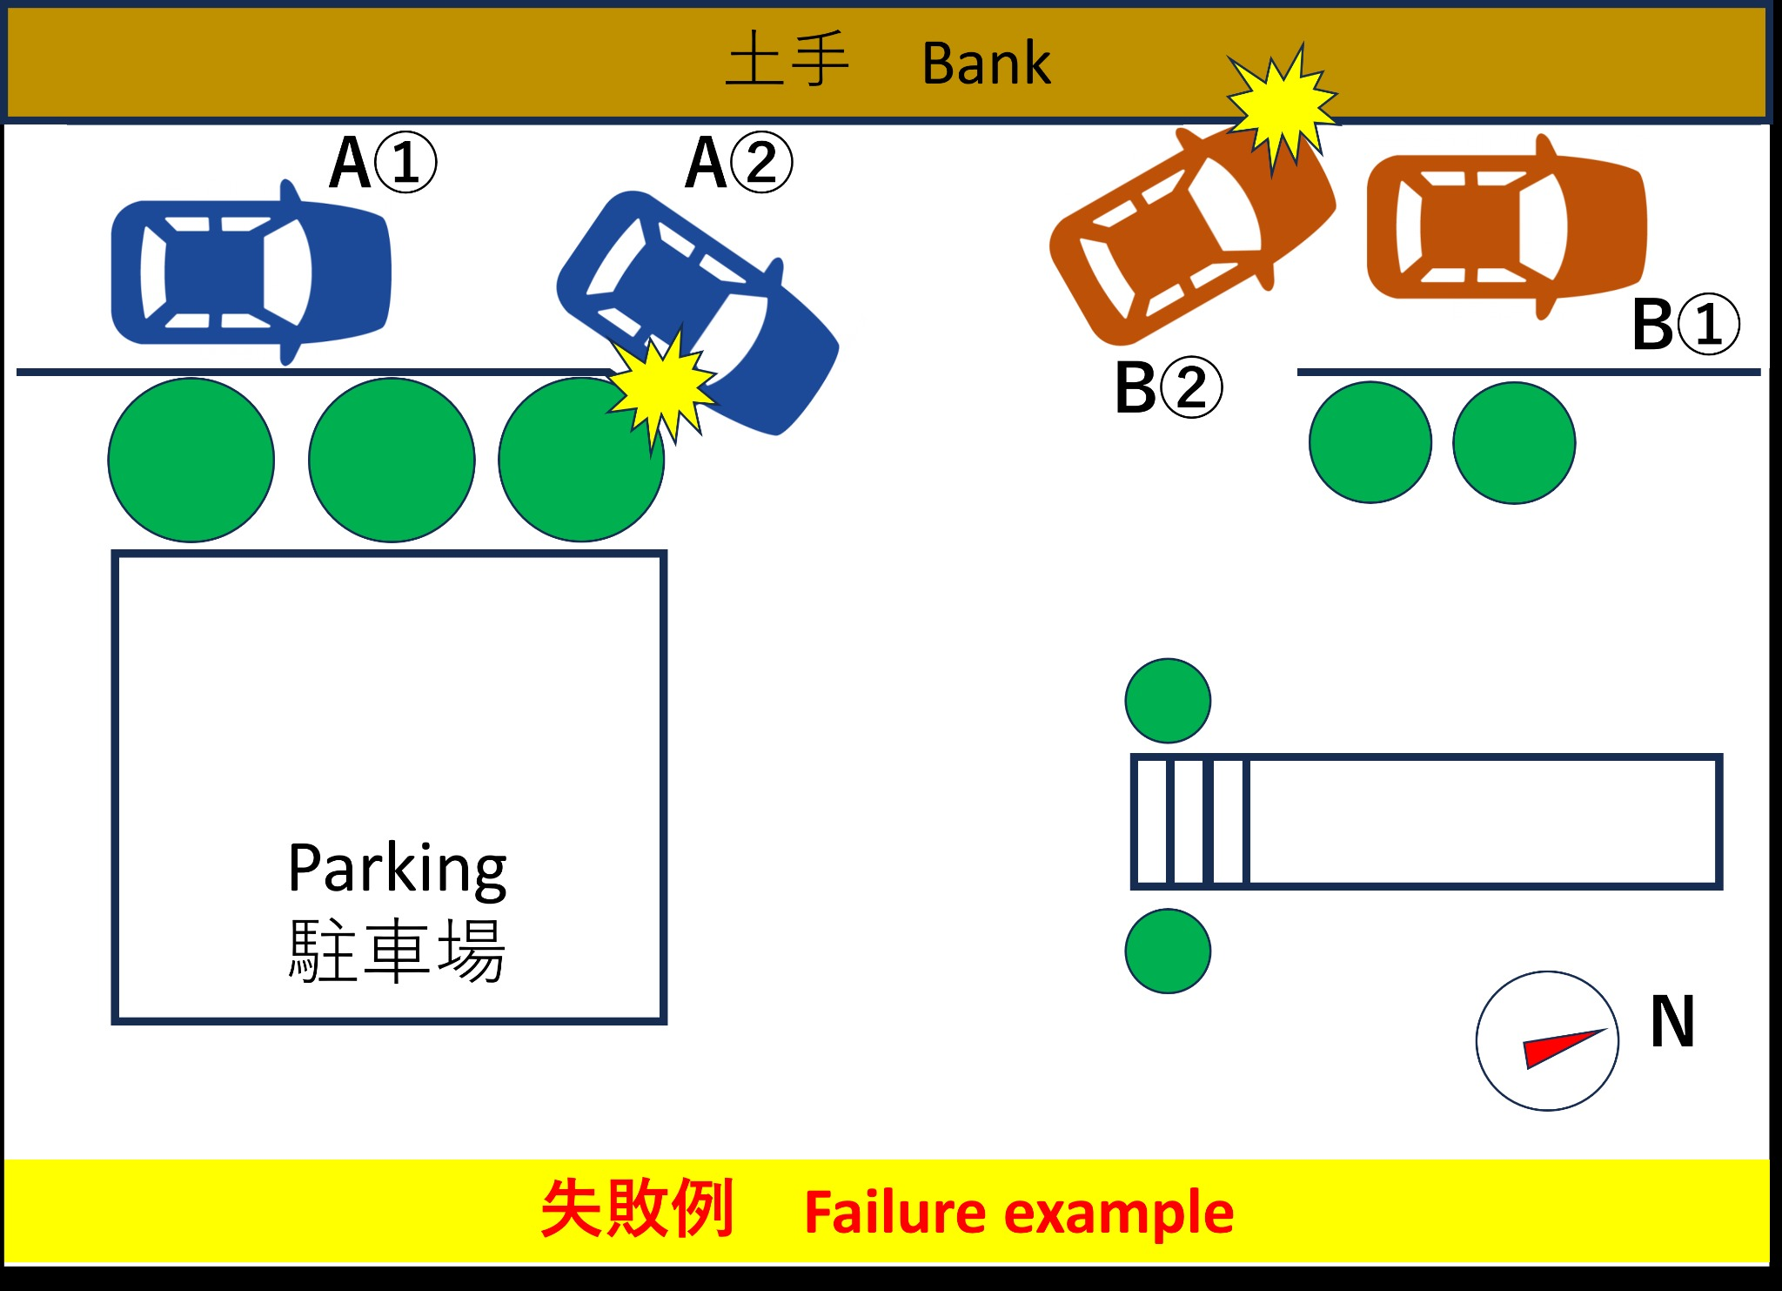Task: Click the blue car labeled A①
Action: [x=251, y=272]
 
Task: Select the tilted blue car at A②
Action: [x=696, y=309]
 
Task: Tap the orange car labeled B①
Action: [x=1506, y=227]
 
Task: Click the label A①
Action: [x=383, y=163]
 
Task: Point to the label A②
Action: [x=739, y=163]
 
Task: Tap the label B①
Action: [x=1685, y=324]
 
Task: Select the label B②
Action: [x=1169, y=388]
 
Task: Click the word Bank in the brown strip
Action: [x=986, y=64]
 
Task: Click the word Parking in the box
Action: [x=397, y=868]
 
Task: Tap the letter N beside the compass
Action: [x=1672, y=1021]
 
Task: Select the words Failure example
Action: [x=1018, y=1213]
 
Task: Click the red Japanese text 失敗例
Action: [x=638, y=1209]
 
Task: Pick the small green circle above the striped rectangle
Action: [x=1168, y=701]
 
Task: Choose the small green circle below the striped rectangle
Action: [x=1168, y=951]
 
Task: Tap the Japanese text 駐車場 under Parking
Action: [x=397, y=950]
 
